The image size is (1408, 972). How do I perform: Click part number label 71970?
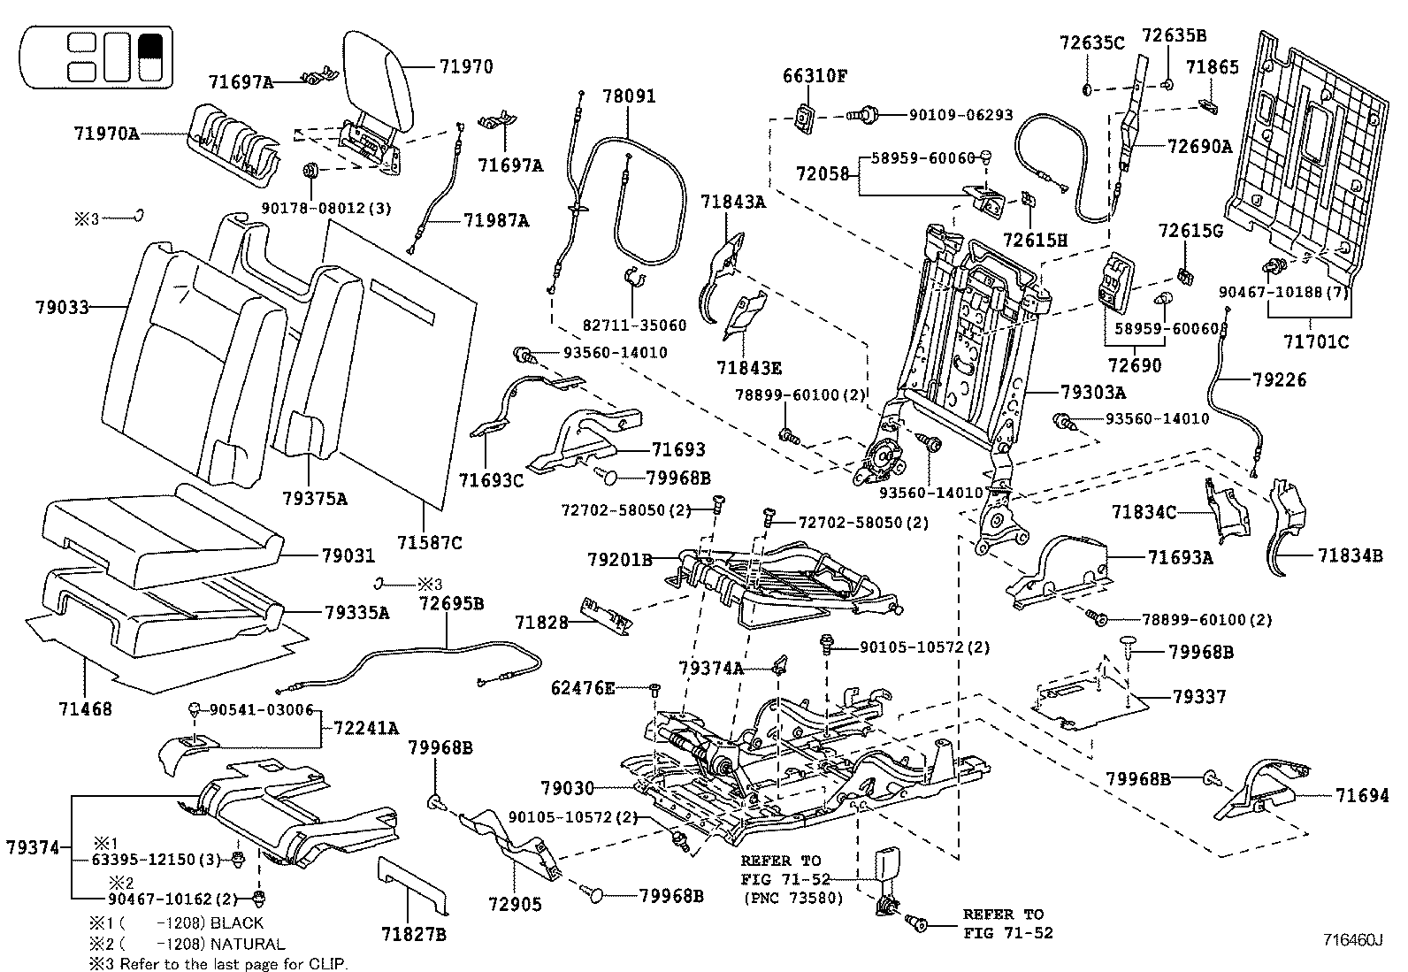point(465,66)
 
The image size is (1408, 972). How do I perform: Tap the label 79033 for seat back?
point(63,308)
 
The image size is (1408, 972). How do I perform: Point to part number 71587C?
point(430,542)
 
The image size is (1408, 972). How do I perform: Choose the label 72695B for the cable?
point(451,603)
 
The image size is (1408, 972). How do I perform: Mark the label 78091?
point(630,96)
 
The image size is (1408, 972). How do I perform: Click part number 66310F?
point(815,76)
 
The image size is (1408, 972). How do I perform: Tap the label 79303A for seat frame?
point(1093,392)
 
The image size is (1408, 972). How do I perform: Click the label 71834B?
point(1351,555)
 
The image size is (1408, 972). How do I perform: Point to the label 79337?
point(1199,697)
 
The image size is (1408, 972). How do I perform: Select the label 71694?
point(1362,796)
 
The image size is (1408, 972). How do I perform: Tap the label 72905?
point(515,904)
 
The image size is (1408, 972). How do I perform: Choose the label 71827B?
point(414,934)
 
